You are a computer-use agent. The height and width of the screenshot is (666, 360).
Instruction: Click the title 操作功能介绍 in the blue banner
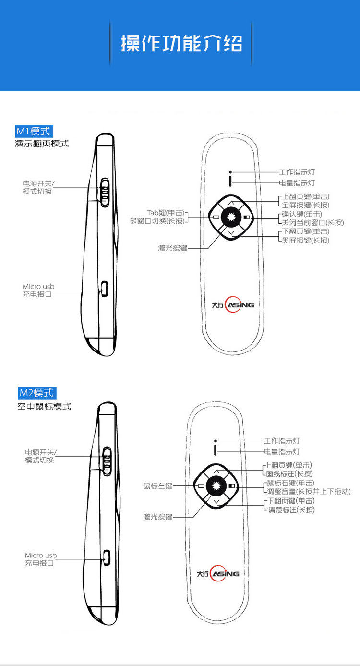181,44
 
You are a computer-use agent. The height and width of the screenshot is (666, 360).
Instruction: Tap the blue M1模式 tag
34,131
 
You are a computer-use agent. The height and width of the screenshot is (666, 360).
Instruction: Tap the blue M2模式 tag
36,393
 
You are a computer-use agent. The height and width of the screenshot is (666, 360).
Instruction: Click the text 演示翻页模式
42,144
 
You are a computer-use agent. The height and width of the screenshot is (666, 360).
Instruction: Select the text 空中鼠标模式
44,406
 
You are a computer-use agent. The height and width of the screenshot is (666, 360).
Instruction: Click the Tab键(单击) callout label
166,213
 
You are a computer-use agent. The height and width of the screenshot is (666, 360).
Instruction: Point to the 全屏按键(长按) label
306,205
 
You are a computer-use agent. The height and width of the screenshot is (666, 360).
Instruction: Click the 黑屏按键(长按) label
306,240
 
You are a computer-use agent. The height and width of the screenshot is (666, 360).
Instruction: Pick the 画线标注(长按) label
289,474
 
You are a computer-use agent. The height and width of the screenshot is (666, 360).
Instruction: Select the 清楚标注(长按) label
291,509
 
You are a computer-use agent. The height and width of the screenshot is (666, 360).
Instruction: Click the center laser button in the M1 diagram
231,217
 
